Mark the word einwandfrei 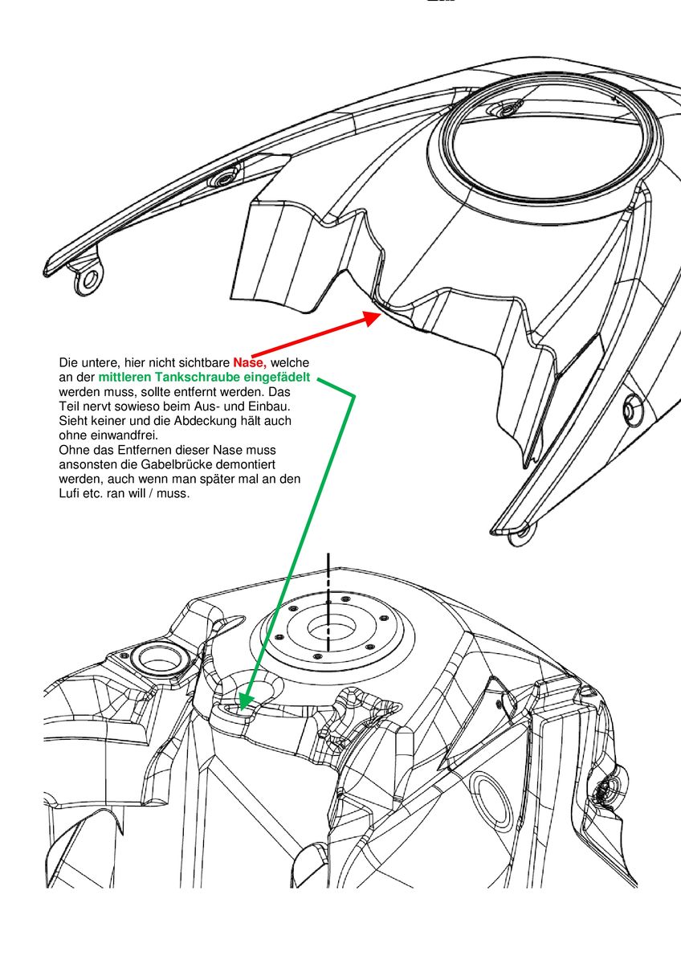pos(119,435)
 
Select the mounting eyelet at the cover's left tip pos(88,279)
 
